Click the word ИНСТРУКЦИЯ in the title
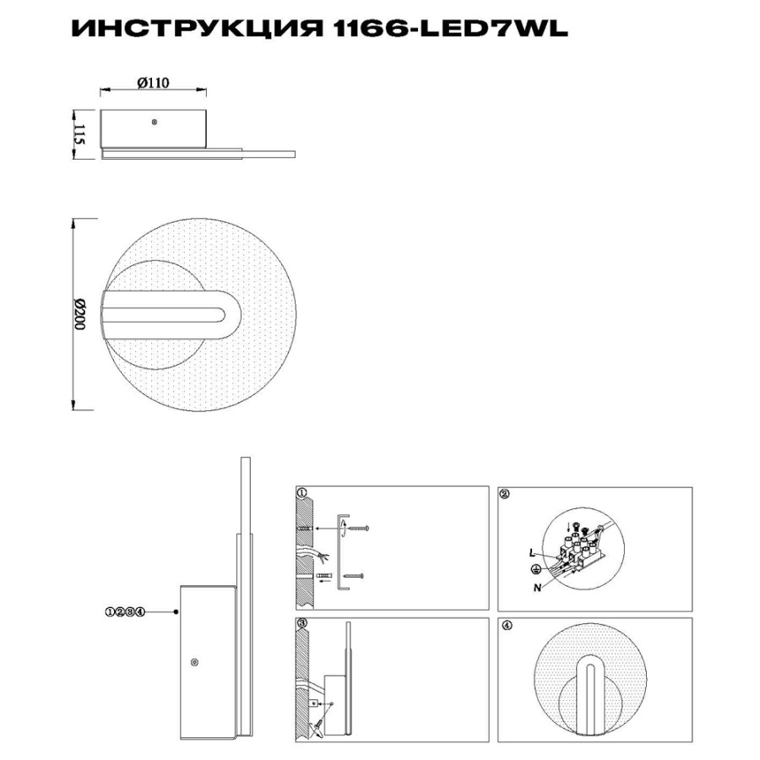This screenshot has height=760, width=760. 197,29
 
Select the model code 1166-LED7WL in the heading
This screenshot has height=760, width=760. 451,29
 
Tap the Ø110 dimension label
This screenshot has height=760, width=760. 153,83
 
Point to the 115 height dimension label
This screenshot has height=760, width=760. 79,133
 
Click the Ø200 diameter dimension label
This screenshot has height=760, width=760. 79,314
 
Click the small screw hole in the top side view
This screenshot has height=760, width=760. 155,122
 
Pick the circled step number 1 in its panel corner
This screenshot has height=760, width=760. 302,493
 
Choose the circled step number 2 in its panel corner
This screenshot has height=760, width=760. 505,494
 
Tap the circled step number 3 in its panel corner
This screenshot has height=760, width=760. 302,623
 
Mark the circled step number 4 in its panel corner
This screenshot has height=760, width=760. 507,625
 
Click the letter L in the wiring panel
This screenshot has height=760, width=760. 532,552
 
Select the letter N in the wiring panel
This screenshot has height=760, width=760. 537,588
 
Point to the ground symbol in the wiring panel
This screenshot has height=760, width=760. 536,569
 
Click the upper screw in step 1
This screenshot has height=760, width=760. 359,528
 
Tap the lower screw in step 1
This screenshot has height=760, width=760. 353,576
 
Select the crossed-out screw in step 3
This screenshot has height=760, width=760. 318,739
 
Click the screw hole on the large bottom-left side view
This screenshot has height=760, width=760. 195,661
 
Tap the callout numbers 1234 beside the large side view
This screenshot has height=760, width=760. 125,611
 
